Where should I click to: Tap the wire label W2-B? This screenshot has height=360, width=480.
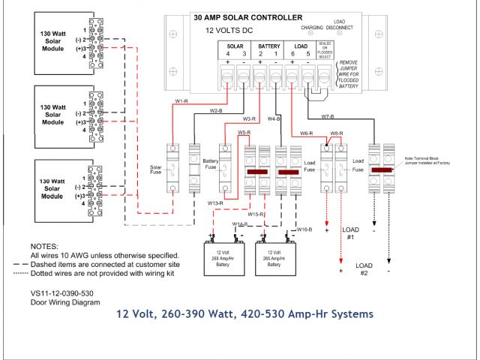tap(216, 111)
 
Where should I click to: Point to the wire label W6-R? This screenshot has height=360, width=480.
tap(302, 133)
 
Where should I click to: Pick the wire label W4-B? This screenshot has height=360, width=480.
tap(274, 118)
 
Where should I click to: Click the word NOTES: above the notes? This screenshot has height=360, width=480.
tap(43, 245)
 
